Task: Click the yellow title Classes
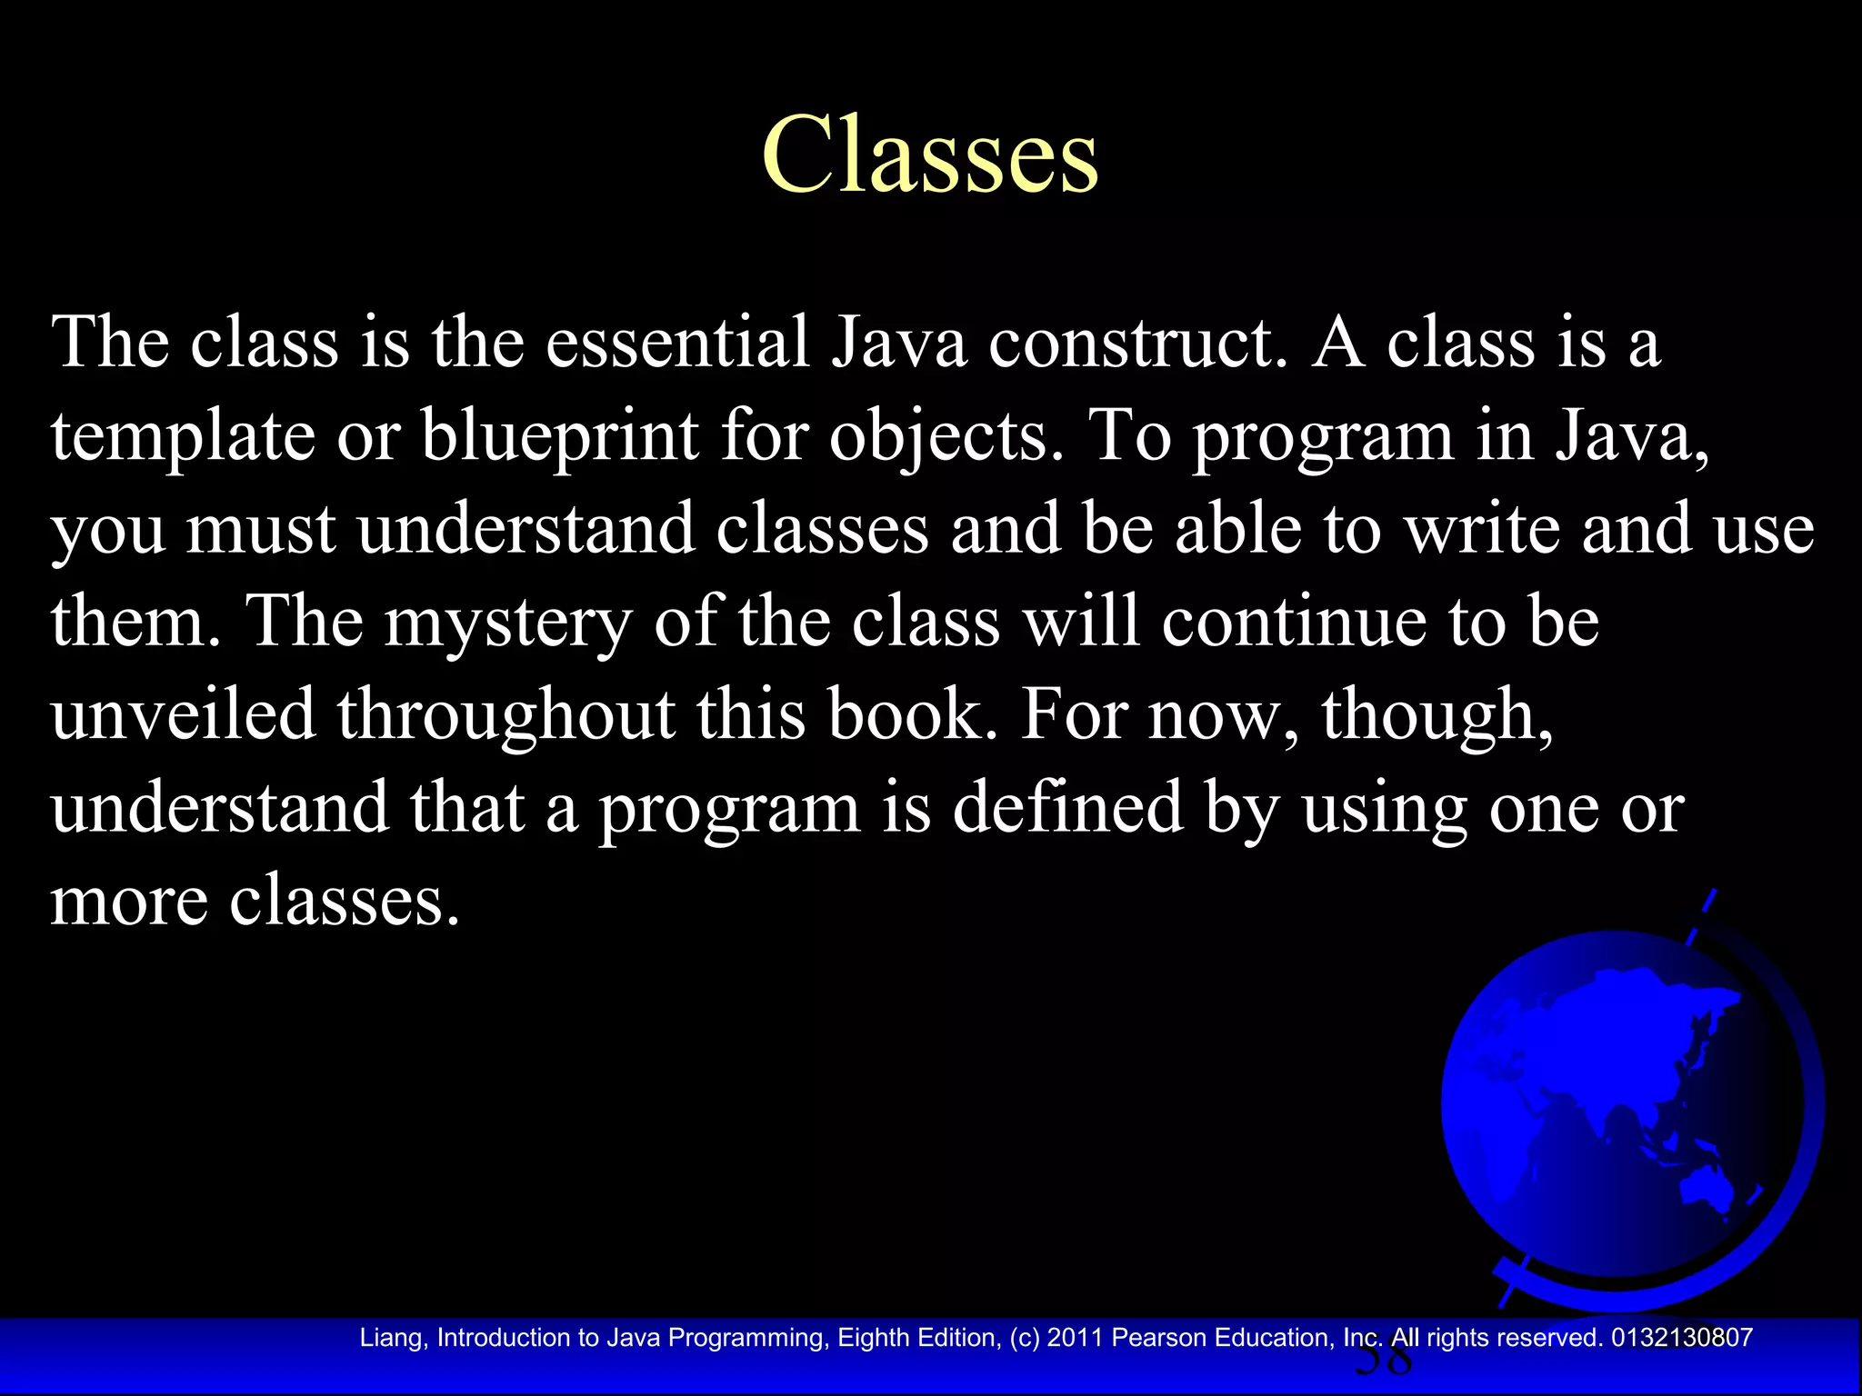coord(930,155)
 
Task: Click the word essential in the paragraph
coord(676,344)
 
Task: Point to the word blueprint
coord(559,436)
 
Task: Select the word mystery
coord(507,623)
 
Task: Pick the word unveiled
coord(183,714)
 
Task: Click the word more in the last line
coord(128,903)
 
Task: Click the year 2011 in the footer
coord(1076,1338)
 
